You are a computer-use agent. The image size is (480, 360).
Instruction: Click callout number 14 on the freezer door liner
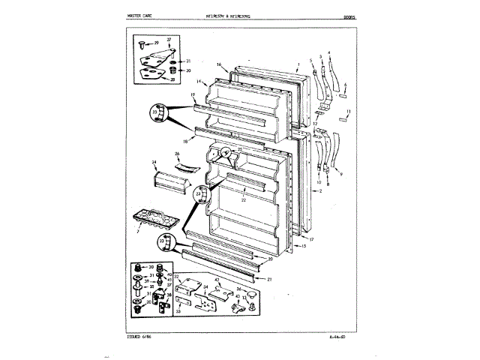tap(199, 81)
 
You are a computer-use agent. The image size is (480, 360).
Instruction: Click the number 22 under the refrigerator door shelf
tap(243, 199)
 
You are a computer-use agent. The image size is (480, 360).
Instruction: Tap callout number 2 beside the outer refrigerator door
tap(320, 192)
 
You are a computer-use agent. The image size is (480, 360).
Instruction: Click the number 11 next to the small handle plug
tap(348, 112)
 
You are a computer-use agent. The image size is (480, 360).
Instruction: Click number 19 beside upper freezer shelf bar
tap(193, 95)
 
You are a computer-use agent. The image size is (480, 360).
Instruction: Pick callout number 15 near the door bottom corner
tap(304, 245)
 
